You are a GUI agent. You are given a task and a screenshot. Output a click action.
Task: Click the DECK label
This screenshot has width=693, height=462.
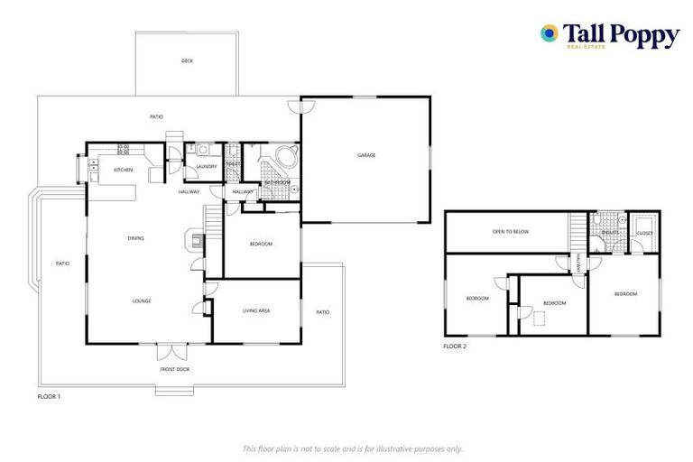coord(187,60)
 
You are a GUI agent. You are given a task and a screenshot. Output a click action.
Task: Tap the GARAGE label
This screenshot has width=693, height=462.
coord(365,155)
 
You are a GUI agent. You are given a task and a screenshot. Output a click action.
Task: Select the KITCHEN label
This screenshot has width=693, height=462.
coord(124,170)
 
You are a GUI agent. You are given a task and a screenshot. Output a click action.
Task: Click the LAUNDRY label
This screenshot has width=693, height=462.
coord(205,166)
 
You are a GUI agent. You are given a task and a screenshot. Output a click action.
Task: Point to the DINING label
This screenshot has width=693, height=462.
coord(135,238)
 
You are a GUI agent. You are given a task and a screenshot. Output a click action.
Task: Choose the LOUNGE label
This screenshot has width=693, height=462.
coord(141,300)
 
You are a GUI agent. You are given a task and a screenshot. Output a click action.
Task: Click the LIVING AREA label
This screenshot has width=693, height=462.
coord(256,311)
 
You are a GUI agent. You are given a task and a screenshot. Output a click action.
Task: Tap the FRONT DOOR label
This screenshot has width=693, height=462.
coord(175,369)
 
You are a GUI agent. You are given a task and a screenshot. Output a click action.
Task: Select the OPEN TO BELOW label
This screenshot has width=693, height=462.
coord(510,232)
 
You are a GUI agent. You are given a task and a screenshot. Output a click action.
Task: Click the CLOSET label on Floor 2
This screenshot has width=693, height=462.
coord(644,233)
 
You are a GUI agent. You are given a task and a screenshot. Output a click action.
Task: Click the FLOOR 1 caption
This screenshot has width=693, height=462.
coord(49,396)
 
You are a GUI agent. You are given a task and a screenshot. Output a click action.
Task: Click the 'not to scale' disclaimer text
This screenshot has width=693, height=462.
coord(352,448)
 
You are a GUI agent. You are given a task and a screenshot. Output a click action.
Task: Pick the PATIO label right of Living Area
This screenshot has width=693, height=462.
coord(322,312)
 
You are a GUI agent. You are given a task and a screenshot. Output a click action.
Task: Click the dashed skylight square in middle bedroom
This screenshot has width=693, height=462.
coord(540,318)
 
